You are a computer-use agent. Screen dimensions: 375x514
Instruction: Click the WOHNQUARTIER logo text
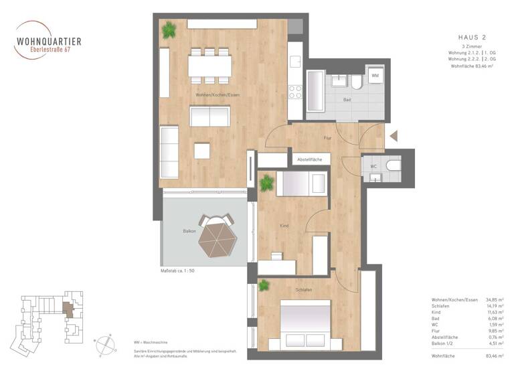(49, 42)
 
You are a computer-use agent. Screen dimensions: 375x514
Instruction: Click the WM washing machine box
(375, 77)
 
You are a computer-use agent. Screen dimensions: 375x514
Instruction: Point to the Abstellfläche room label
(311, 160)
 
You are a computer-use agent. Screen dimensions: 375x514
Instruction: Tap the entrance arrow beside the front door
(394, 135)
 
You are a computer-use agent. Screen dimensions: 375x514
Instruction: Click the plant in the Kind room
(267, 181)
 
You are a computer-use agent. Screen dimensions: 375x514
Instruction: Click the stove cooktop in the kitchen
(295, 92)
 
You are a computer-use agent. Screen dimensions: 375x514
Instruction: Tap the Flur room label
(327, 139)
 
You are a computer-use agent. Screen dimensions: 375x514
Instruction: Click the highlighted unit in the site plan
(66, 309)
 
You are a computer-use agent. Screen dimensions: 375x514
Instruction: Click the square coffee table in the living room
(202, 151)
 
